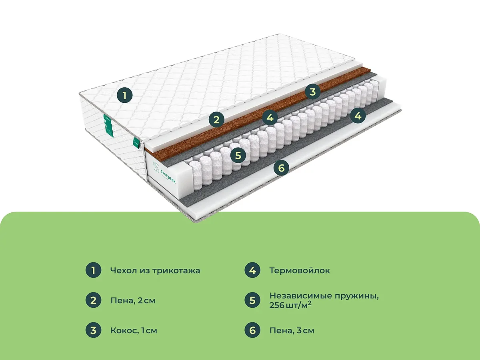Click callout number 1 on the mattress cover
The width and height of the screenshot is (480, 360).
[x=124, y=95]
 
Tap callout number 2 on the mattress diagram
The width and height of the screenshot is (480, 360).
[x=216, y=120]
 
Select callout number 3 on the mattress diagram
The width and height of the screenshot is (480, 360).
[x=313, y=92]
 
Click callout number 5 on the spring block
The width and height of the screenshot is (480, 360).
[x=238, y=156]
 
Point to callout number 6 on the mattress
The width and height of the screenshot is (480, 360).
[x=281, y=168]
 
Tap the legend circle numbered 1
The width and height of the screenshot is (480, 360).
[x=93, y=270]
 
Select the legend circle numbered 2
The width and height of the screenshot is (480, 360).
[x=93, y=300]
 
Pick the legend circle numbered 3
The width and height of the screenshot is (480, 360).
[x=93, y=330]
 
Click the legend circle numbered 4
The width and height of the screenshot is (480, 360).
[x=252, y=270]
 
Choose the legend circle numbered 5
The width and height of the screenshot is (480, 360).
[x=252, y=300]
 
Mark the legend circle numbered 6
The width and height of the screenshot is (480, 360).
[x=252, y=330]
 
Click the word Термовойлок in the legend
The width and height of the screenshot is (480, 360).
[x=300, y=270]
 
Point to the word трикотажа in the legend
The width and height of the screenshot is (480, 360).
[x=176, y=271]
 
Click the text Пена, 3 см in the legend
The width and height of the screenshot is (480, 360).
[x=292, y=331]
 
